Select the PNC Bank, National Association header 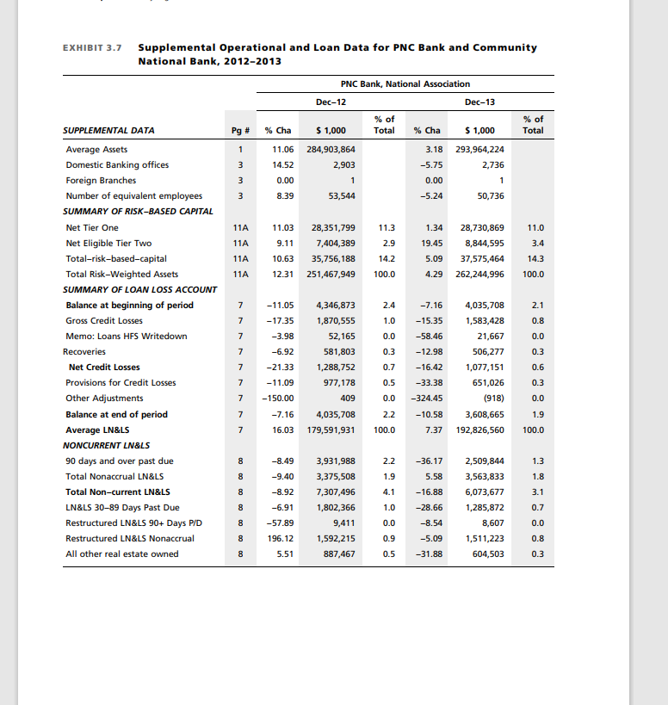pos(405,83)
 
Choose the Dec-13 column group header pos(479,102)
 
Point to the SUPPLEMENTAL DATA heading pos(108,131)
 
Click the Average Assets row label pos(96,150)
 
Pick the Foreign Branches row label pos(101,181)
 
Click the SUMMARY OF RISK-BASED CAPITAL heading pos(139,211)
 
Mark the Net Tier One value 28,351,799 pos(332,227)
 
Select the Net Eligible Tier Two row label pos(108,243)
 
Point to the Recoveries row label pos(84,351)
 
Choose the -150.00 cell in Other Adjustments pos(278,398)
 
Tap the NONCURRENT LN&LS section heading pos(106,445)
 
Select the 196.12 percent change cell pos(281,538)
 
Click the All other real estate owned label pos(122,553)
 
